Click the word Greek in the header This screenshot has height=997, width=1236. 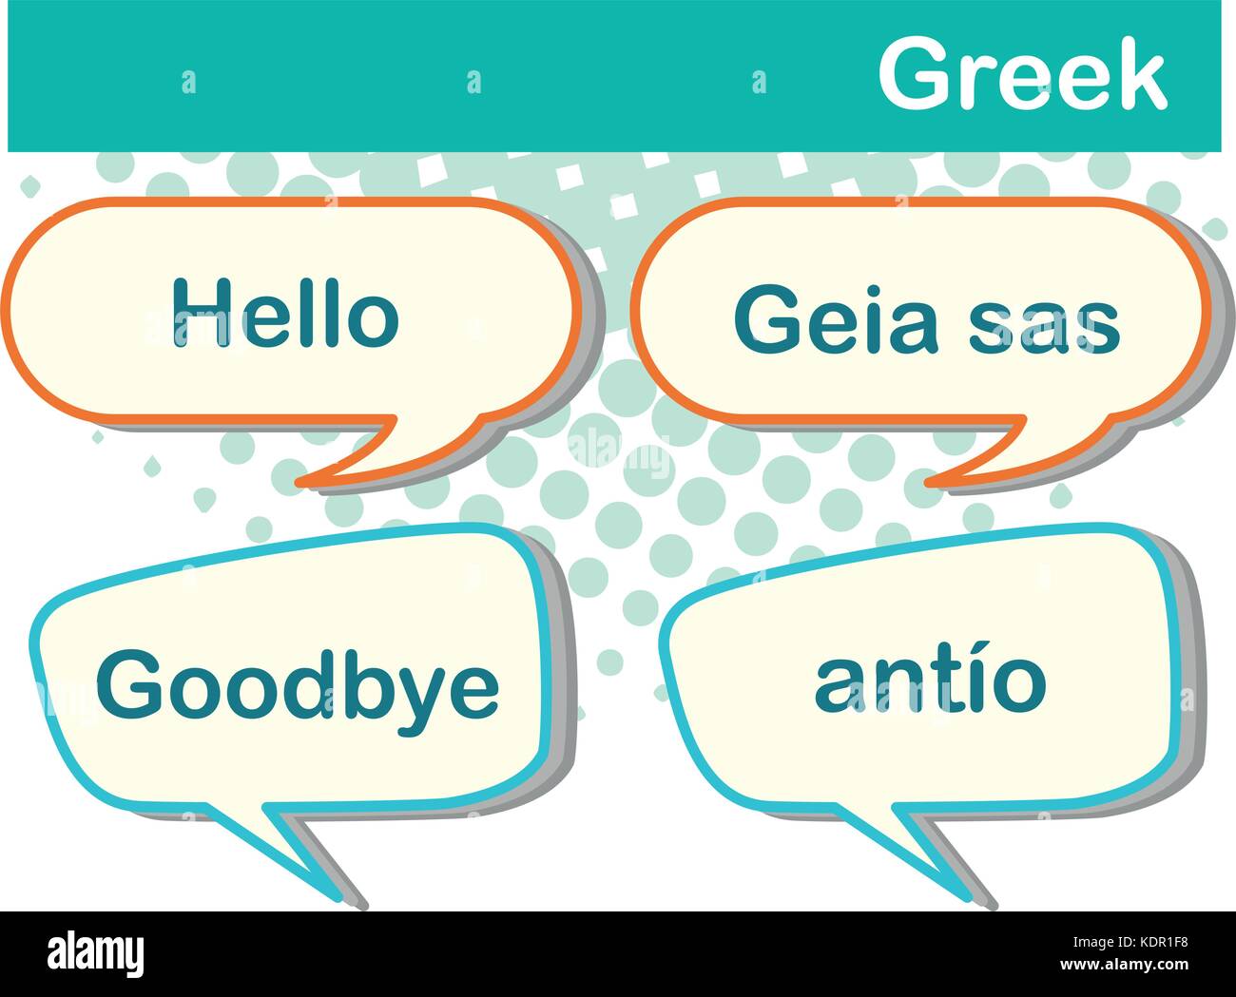(x=1022, y=76)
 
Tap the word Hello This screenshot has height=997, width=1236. (x=284, y=313)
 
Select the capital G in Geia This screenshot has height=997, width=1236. (x=768, y=320)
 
